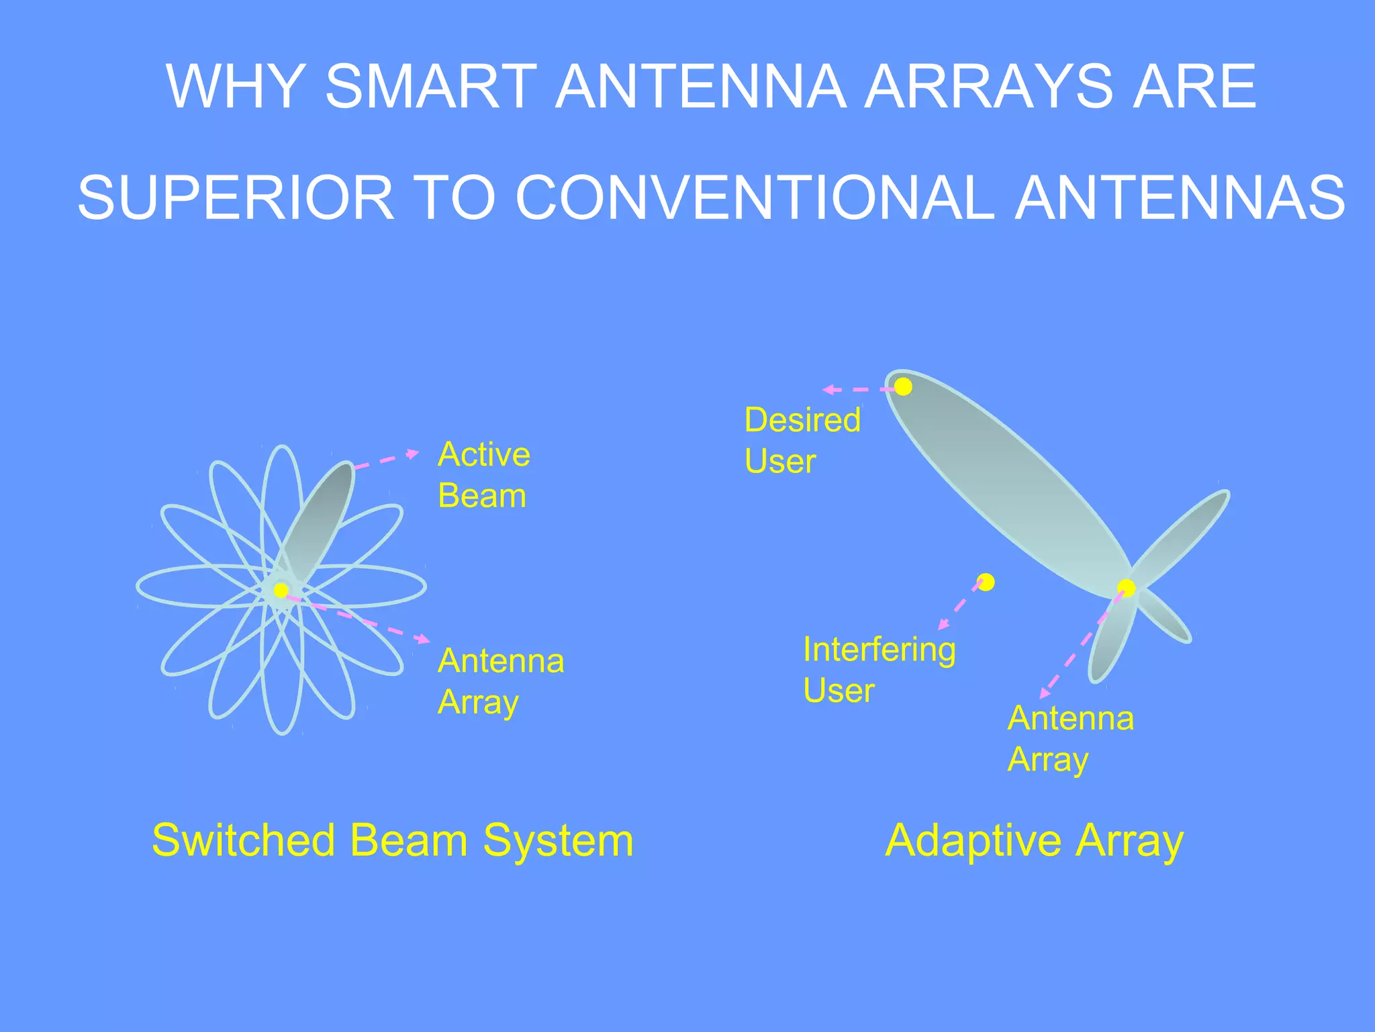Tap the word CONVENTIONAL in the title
[755, 198]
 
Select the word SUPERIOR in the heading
[236, 198]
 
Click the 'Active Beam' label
[483, 475]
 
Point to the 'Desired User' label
[802, 440]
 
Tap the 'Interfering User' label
[879, 670]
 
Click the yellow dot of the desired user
[904, 386]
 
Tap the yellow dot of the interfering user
[986, 582]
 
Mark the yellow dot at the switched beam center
[281, 590]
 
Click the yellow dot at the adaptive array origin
[1127, 588]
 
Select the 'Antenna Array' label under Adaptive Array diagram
[1070, 738]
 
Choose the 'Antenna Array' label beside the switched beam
[501, 681]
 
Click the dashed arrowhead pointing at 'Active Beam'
[414, 454]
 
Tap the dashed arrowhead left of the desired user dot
[828, 389]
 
